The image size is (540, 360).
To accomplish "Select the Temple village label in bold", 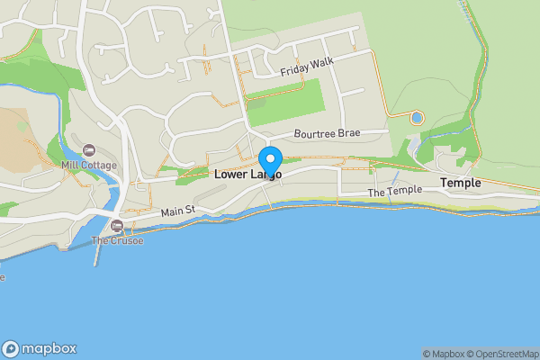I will (x=460, y=183).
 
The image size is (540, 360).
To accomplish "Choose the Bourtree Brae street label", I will (x=326, y=133).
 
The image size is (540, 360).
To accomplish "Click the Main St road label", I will (x=178, y=211).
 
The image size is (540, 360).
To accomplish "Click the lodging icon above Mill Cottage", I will (x=88, y=150).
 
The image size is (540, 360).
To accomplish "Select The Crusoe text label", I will (x=117, y=241).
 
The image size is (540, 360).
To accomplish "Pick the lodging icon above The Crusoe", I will (x=117, y=226).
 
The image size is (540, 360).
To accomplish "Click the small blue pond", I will (x=416, y=117).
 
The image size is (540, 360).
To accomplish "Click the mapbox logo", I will (x=40, y=349).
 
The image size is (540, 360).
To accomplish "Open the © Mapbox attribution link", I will (x=445, y=354).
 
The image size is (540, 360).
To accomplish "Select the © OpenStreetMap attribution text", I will (x=504, y=354).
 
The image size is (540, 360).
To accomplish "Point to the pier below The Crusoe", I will (x=96, y=256).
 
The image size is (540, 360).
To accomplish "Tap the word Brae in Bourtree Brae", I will (x=347, y=133).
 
